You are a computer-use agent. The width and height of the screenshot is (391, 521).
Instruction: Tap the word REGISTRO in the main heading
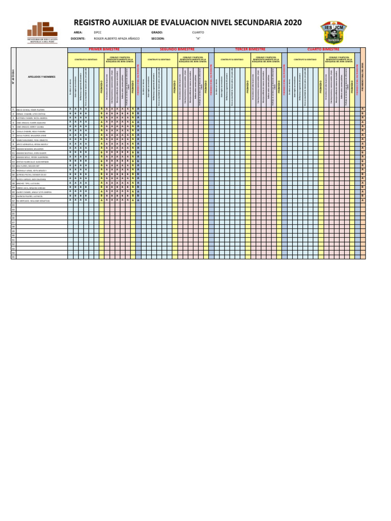point(95,22)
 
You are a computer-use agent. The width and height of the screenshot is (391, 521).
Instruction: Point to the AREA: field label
point(78,32)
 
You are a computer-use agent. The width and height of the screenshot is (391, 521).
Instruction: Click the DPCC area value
point(98,32)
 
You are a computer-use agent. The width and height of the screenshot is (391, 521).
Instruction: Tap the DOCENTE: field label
point(78,38)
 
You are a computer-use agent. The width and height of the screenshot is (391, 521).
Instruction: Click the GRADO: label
point(157,32)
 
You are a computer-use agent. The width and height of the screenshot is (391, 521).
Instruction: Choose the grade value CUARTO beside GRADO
point(198,32)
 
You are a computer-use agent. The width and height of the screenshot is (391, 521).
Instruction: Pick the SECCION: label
point(158,38)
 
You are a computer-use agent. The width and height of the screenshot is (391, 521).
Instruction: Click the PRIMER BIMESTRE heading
point(104,49)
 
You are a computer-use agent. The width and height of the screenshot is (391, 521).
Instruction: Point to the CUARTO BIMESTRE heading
point(323,49)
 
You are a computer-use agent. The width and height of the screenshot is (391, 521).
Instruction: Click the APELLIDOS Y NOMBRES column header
point(41,77)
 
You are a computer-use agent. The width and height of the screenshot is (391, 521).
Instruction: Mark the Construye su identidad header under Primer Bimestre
point(82,60)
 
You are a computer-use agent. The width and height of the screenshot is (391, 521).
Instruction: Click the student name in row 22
point(33,200)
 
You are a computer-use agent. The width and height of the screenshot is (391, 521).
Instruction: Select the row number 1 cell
point(13,109)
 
